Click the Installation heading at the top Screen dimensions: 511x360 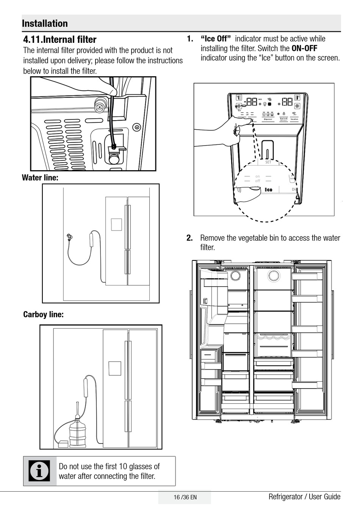pyautogui.click(x=45, y=24)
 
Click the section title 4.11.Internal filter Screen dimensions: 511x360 pyautogui.click(x=60, y=39)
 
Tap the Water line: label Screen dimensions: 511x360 pyautogui.click(x=40, y=177)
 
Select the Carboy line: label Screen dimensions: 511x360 pyautogui.click(x=43, y=314)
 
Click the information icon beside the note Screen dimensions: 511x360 pyautogui.click(x=39, y=471)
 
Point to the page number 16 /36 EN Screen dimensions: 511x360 pyautogui.click(x=185, y=497)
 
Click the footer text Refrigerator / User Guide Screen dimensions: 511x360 pyautogui.click(x=304, y=497)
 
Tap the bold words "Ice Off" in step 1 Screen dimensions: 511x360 pyautogui.click(x=216, y=39)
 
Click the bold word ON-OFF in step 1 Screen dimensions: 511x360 pyautogui.click(x=304, y=48)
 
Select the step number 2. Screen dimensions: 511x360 pyautogui.click(x=189, y=238)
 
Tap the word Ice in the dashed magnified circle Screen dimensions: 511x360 pyautogui.click(x=268, y=190)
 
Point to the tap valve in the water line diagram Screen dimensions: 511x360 pyautogui.click(x=69, y=237)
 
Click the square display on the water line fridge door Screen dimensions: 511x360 pyautogui.click(x=116, y=224)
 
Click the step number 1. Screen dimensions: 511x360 pyautogui.click(x=189, y=39)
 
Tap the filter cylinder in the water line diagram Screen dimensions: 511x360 pyautogui.click(x=92, y=240)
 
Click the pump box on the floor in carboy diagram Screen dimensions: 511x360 pyautogui.click(x=63, y=444)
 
